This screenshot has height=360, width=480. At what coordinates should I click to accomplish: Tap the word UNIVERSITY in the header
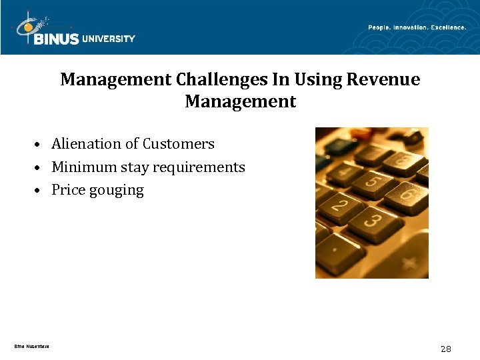coord(109,39)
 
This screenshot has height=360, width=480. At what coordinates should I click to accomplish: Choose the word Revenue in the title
coord(383,80)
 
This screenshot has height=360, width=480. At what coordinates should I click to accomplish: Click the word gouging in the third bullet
coord(117,191)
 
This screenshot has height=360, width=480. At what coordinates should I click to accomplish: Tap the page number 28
coord(446,349)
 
